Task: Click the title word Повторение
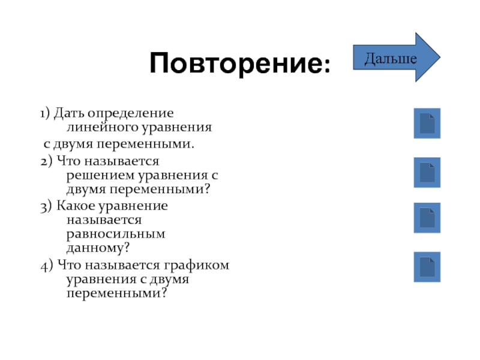236,63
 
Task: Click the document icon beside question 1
427,123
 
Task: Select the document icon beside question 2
427,172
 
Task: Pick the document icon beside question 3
427,218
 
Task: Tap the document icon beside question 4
427,267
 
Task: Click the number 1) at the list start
45,113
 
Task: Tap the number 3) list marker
46,206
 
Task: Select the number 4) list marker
46,265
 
